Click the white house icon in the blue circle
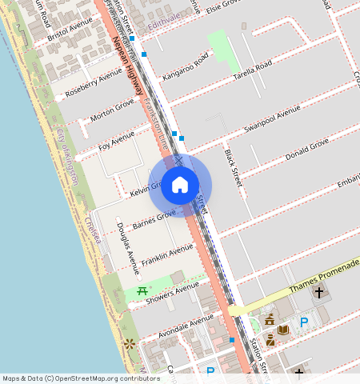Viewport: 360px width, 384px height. tap(180, 186)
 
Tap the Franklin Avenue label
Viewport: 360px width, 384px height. tap(167, 257)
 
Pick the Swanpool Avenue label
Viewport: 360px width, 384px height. tap(272, 117)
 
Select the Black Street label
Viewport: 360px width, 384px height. tap(233, 167)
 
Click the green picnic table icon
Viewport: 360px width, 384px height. tap(142, 291)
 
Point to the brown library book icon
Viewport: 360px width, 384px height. tap(283, 329)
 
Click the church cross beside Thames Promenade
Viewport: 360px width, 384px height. tap(319, 293)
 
